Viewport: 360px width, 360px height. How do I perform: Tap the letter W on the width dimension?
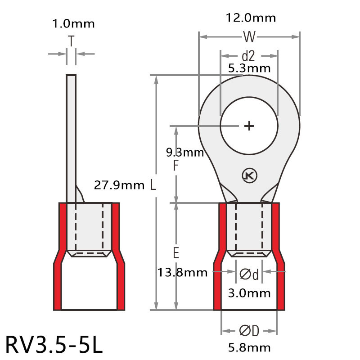coord(249,36)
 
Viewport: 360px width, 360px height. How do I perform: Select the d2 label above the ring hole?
coord(248,56)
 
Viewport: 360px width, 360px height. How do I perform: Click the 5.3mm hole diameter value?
coord(249,68)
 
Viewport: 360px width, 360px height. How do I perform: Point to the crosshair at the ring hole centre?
coord(249,126)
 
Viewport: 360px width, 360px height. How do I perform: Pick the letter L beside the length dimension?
coord(153,185)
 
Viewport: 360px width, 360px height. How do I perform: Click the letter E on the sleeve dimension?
coord(176,253)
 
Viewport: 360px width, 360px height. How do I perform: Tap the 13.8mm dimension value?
coord(182,272)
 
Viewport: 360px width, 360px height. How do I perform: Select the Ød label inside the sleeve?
coord(249,274)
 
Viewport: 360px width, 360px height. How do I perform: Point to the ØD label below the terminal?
coord(249,331)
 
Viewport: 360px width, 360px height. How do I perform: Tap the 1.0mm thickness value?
coord(72,23)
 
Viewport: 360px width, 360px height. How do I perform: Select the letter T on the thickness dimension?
coord(71,41)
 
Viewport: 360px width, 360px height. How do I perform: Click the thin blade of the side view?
coord(71,135)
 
